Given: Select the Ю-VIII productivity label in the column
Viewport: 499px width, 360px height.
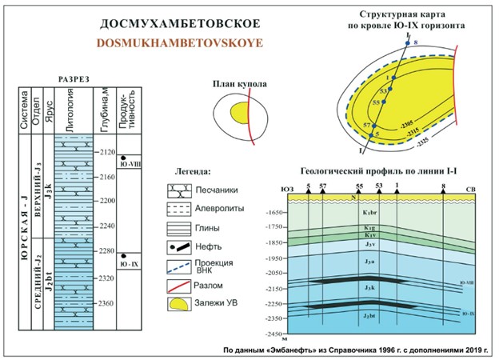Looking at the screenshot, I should (129, 166).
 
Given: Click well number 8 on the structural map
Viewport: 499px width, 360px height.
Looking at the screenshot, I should (416, 41).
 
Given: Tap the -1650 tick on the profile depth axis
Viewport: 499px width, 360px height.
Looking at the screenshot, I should (277, 212).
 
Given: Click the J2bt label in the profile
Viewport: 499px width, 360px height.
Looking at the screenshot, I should (370, 318).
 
